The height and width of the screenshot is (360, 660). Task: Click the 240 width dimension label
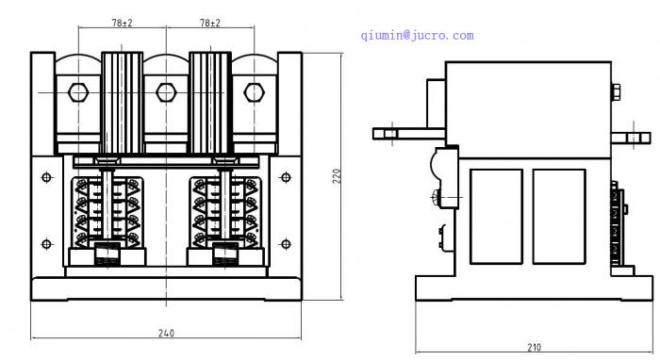pos(166,333)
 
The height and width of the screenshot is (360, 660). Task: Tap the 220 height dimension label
pos(338,176)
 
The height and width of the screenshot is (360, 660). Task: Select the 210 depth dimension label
pos(535,348)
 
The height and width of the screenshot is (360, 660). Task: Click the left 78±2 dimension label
pos(122,23)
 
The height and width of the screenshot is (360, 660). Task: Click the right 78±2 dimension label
pos(210,23)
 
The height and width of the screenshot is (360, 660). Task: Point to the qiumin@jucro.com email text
pos(417,35)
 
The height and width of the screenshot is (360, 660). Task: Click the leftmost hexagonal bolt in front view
pos(78,92)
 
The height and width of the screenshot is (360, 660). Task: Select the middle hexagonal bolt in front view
pos(166,92)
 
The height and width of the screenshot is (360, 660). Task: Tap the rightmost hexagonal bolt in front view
pos(255,92)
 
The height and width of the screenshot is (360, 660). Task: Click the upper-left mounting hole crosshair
pos(47,177)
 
